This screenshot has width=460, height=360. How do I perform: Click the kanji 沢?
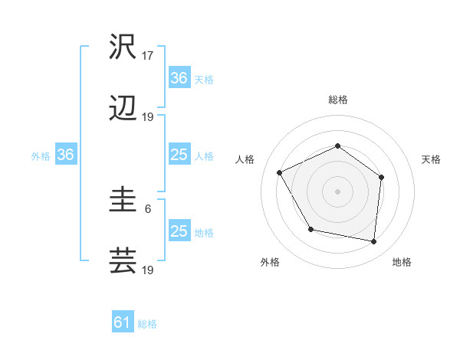[x=123, y=47]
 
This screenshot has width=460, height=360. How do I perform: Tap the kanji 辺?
[x=123, y=110]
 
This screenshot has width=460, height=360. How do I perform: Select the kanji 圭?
[x=123, y=201]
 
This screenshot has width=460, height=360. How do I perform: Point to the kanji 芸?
[x=123, y=260]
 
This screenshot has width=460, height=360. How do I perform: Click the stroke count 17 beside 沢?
[x=148, y=56]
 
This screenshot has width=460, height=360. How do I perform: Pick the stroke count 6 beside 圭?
[x=148, y=208]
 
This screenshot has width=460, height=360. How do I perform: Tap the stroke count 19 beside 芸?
[x=148, y=270]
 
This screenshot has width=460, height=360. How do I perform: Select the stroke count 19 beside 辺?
[x=148, y=117]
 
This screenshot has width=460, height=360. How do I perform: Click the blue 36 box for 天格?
[x=179, y=78]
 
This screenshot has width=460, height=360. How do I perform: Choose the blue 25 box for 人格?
[x=179, y=155]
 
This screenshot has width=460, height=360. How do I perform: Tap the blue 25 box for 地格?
[x=179, y=231]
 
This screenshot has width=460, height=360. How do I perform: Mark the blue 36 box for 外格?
[x=66, y=155]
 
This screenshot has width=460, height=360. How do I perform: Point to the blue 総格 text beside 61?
[x=147, y=324]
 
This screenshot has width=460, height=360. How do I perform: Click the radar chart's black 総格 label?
[x=337, y=100]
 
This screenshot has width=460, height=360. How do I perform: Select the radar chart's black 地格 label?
[x=402, y=262]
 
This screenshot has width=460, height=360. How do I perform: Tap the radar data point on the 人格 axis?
[x=280, y=173]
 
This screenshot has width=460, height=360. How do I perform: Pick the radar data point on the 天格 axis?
[x=382, y=177]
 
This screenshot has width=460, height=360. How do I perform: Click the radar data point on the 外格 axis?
[x=310, y=229]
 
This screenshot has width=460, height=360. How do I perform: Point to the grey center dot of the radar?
[x=337, y=191]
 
